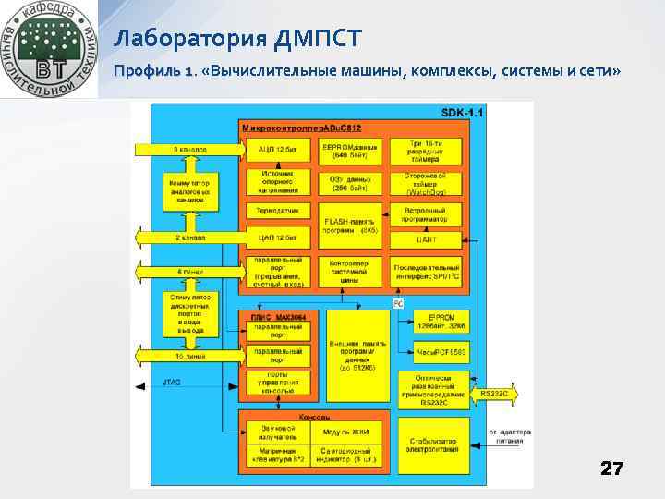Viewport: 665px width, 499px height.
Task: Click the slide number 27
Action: [611, 469]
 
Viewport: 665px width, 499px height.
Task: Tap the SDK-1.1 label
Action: [463, 112]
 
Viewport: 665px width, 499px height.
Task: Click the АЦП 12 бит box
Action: [276, 149]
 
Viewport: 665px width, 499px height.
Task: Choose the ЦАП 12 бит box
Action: [276, 237]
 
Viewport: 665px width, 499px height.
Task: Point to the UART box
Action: [426, 238]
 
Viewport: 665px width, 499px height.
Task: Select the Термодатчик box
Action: [276, 211]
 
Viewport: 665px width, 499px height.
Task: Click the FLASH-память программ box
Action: [349, 225]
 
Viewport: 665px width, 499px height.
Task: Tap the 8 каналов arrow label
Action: [188, 149]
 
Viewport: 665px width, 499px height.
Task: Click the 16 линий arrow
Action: [188, 356]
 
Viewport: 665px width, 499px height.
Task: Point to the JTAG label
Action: [172, 382]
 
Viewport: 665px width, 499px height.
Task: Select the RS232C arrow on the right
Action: [495, 395]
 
